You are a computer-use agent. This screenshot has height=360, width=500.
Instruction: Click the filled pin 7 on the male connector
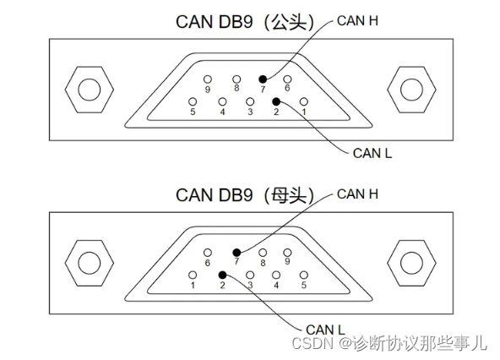tap(263, 79)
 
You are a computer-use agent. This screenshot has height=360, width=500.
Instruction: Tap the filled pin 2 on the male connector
tap(276, 101)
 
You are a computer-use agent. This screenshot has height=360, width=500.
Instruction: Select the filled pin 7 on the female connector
tap(237, 252)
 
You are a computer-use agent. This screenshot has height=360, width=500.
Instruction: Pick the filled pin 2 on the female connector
tap(222, 275)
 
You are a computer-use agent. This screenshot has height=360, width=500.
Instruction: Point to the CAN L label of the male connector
tap(372, 153)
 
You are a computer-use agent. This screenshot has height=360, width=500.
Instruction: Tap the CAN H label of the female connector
tap(356, 194)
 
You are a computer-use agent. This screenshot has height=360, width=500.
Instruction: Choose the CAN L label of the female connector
tap(326, 328)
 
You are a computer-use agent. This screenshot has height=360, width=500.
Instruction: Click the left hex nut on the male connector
tap(89, 90)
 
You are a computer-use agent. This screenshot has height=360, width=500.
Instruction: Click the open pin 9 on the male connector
tap(207, 79)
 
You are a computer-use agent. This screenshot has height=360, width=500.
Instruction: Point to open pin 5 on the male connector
tap(193, 101)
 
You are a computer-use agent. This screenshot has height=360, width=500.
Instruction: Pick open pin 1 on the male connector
tap(304, 101)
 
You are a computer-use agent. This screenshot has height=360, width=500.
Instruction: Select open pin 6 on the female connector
tap(208, 252)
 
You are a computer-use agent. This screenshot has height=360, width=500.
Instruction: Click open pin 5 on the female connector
tap(304, 275)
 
